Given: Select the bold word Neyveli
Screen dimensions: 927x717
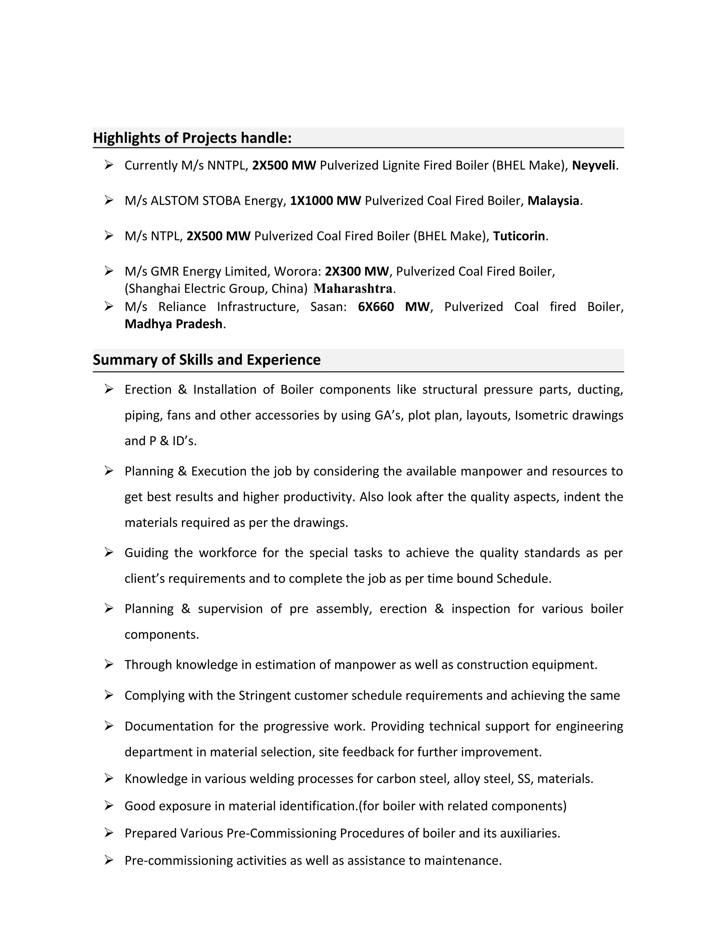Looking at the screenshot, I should [593, 165].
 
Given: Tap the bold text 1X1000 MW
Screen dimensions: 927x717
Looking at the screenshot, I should [325, 200].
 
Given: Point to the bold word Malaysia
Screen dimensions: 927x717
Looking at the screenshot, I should [553, 200].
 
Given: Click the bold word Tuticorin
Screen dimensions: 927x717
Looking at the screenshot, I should [518, 236].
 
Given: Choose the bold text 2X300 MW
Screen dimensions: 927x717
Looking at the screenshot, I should [357, 271].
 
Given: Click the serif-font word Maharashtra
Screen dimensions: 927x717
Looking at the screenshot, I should [353, 289].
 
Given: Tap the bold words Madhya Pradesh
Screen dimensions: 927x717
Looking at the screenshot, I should [173, 324].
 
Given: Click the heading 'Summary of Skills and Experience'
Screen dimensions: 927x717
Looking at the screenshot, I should [207, 360].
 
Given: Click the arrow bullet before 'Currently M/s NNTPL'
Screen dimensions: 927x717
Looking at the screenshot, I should [109, 165].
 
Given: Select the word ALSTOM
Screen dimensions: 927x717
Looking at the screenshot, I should [175, 200].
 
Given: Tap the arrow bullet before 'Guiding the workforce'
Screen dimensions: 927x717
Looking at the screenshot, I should [109, 552].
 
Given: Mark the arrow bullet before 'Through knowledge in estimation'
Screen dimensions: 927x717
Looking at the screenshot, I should [109, 664].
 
